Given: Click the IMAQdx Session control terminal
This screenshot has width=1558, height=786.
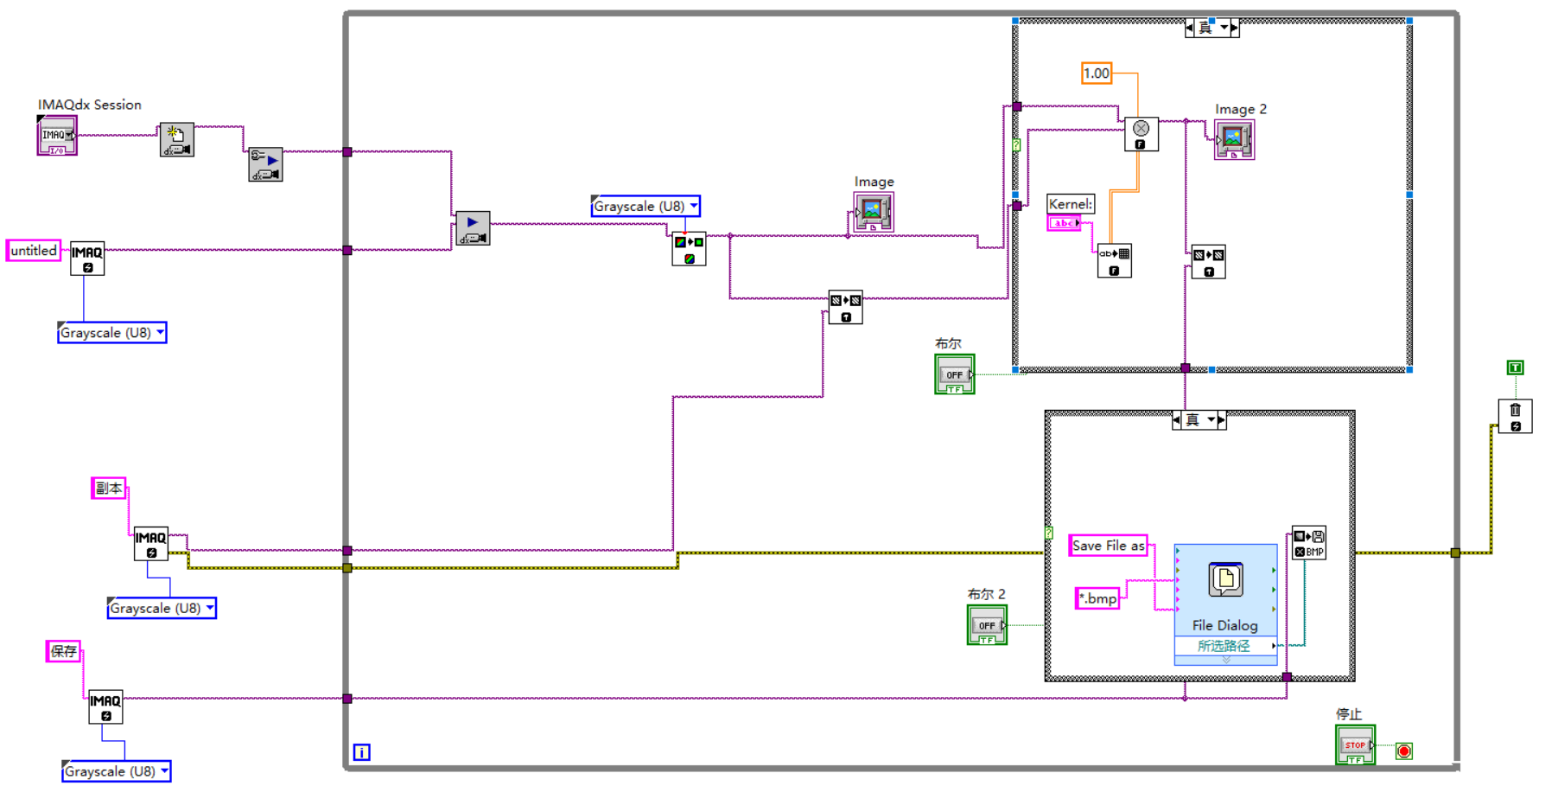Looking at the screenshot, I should point(56,137).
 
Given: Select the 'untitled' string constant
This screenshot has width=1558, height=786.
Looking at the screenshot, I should point(34,251).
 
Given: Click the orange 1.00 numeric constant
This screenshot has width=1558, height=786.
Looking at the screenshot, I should point(1097,73).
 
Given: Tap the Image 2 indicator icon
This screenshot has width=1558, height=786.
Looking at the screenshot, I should point(1234,138).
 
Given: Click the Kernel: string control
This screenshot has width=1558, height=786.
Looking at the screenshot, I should point(1064,223).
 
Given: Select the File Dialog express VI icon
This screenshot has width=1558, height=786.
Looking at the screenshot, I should point(1225,579).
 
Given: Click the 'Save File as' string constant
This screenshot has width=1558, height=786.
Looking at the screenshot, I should point(1108,546).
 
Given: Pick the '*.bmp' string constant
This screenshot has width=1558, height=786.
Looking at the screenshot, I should point(1097,598).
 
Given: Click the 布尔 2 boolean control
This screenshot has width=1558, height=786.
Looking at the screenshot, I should point(987,624).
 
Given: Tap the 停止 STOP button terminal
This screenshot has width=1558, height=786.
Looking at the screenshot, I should point(1354,744).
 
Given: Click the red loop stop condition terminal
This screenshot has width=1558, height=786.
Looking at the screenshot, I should point(1404,751).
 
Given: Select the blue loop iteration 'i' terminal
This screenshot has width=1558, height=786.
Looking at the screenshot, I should point(362,752).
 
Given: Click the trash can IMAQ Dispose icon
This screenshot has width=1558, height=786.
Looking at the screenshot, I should point(1515,416).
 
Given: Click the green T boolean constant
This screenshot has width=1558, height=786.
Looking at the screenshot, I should point(1515,367).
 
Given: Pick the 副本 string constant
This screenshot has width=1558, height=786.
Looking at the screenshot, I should point(109,489).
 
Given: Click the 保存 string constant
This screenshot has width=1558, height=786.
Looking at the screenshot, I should point(63,651).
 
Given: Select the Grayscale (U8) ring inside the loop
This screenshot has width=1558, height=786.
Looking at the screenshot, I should point(645,207).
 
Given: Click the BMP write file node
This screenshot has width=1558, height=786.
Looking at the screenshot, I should point(1308,543).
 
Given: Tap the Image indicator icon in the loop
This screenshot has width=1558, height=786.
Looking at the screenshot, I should point(873,211).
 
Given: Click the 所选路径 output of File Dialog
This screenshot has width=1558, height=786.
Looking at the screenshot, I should point(1224,646).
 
